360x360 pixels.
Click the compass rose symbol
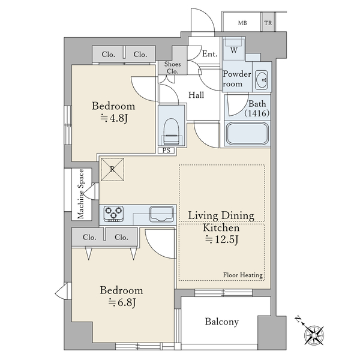pos(314,335)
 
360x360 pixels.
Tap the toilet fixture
pos(172,132)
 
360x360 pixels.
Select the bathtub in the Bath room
pos(247,134)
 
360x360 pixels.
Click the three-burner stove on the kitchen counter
pos(113,214)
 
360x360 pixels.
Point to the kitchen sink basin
pos(161,214)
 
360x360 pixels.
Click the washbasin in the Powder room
pos(262,80)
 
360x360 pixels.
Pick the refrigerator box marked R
pos(113,169)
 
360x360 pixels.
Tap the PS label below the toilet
pos(166,151)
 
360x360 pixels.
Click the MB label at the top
pos(242,23)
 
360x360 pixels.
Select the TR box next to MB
pos(268,22)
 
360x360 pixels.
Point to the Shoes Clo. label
pos(172,67)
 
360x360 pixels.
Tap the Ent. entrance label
pos(210,54)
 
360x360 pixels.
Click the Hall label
pos(196,95)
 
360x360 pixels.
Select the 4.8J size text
pos(114,118)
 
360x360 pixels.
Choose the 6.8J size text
pos(122,302)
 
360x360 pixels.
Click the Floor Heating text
pos(243,275)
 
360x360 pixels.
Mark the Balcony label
pos(222,322)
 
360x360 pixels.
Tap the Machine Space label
pos(80,194)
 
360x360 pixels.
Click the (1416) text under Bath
pos(257,113)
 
